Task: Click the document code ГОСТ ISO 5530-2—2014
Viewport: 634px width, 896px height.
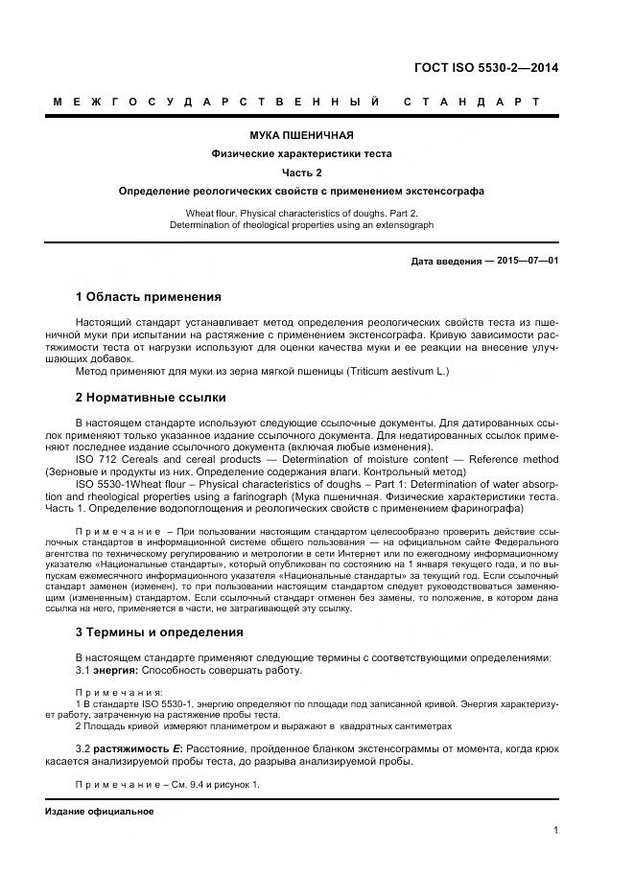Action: [x=485, y=67]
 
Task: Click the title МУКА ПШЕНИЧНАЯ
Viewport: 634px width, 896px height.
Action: [x=302, y=135]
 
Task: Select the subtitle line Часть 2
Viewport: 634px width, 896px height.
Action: [x=302, y=172]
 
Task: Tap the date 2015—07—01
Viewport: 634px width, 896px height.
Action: [x=528, y=261]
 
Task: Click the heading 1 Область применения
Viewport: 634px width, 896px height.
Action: [x=148, y=297]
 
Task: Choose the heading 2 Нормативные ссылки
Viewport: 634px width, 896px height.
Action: [x=151, y=397]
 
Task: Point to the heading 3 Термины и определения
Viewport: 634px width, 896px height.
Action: [x=159, y=632]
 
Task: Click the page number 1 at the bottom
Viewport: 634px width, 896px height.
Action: [x=555, y=831]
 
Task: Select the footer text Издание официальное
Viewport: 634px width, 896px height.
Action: [x=99, y=812]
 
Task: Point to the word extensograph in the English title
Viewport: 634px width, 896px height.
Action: [x=404, y=225]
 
